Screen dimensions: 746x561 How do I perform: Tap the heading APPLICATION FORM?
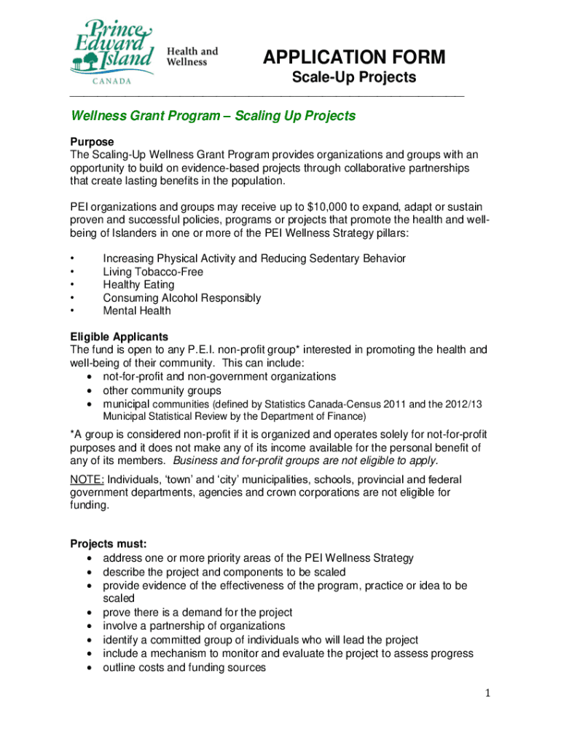tap(354, 58)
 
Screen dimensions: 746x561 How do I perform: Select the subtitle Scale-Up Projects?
tap(354, 77)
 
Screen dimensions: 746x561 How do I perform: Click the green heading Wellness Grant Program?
tap(213, 116)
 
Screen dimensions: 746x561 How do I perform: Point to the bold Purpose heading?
tap(92, 141)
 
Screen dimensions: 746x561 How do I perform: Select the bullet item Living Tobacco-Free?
tap(153, 272)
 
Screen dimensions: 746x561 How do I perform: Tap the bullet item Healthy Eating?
tap(138, 285)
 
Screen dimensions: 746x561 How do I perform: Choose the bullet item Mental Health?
tap(137, 311)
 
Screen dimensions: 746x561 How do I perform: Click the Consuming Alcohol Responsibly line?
tap(181, 298)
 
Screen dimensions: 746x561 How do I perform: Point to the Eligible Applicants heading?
tap(119, 337)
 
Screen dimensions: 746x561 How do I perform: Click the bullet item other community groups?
tap(162, 390)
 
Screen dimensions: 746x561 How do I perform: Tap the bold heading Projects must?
tap(109, 544)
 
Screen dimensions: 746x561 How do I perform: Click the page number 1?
tap(487, 693)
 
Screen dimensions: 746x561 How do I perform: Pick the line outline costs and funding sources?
tap(184, 667)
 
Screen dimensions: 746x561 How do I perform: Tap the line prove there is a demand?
tap(197, 613)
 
